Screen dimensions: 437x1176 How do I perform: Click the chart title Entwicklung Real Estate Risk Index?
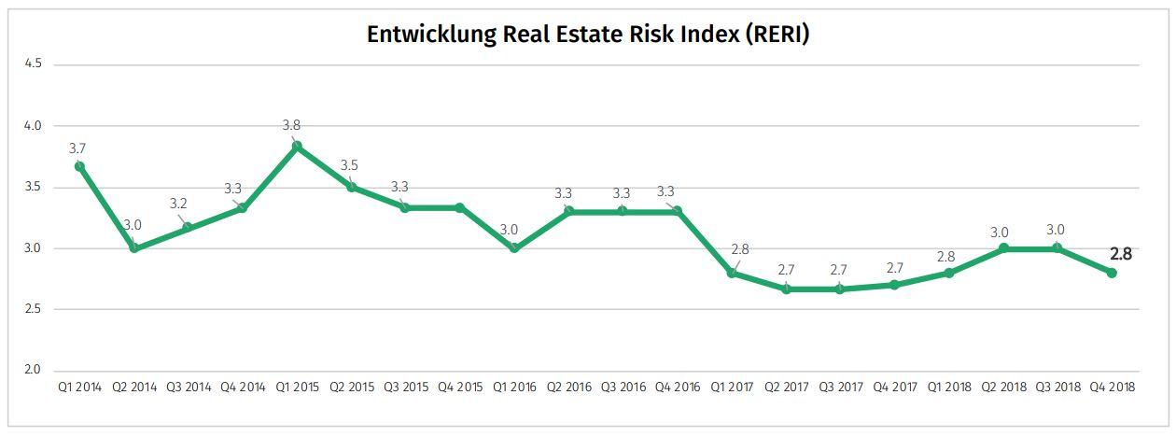tap(588, 35)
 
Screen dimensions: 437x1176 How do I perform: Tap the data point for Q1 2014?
tap(80, 166)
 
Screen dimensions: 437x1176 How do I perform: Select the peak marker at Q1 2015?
tap(297, 146)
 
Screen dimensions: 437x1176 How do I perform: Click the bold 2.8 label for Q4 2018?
tap(1120, 253)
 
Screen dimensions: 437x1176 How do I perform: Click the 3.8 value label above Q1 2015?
tap(291, 125)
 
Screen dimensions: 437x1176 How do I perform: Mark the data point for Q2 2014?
tap(134, 248)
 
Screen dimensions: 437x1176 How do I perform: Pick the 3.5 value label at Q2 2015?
tap(348, 165)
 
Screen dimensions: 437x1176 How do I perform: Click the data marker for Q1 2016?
tap(514, 248)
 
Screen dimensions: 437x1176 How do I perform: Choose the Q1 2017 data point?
tap(732, 273)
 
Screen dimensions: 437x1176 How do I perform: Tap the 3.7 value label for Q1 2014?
tap(77, 148)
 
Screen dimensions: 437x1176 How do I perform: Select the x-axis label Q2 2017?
tap(785, 387)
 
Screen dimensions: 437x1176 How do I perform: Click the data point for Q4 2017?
tap(894, 285)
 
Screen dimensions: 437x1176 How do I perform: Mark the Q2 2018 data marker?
tap(1003, 248)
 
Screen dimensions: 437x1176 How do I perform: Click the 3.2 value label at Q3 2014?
tap(178, 204)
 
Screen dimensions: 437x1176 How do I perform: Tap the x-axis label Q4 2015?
tap(459, 387)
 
